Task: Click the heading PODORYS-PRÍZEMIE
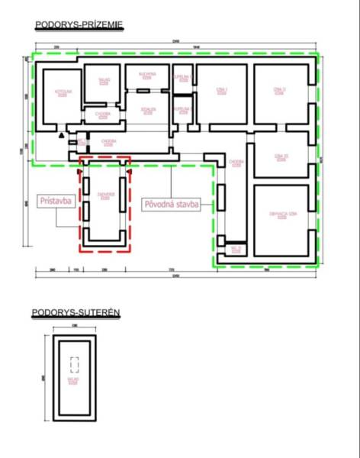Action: coord(79,25)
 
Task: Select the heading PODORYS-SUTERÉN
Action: coord(76,313)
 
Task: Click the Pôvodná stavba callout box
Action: coord(172,204)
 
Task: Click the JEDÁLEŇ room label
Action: coord(147,111)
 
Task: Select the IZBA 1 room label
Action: coord(222,92)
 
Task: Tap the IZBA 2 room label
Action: coord(279,92)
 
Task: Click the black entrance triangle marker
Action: coord(60,134)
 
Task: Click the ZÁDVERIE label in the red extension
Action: coord(106,196)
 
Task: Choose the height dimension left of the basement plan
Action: coord(44,377)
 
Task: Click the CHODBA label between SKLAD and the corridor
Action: coord(103,114)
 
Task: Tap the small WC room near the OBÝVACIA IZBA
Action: coord(236,248)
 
